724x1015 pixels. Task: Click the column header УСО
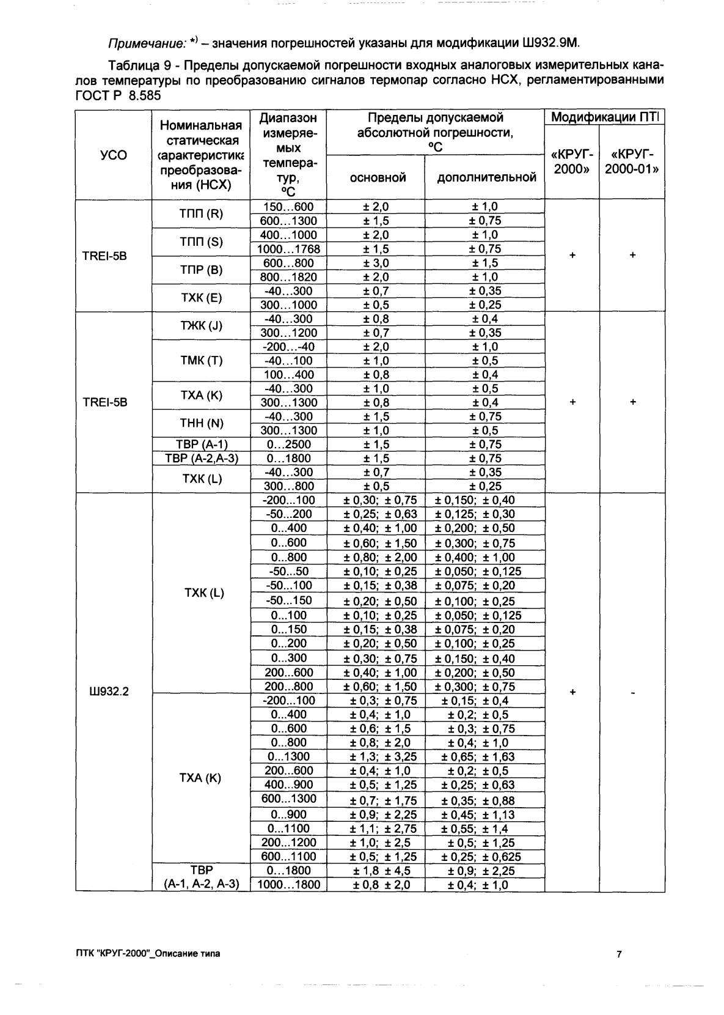(x=113, y=155)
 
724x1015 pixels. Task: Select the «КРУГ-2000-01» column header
(x=632, y=161)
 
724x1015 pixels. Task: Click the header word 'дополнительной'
(x=486, y=177)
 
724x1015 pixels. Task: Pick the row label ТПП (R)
(x=201, y=214)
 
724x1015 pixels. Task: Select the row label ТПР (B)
(x=201, y=270)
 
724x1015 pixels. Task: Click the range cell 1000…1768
(x=288, y=249)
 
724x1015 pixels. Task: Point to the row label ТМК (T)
(x=201, y=361)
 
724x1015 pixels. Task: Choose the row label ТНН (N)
(x=201, y=424)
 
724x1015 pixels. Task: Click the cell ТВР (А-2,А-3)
(x=201, y=459)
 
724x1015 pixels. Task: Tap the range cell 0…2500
(x=288, y=445)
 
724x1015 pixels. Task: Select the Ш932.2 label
(x=109, y=692)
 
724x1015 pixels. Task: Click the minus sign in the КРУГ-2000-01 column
(x=633, y=693)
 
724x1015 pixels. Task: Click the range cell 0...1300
(x=288, y=757)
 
